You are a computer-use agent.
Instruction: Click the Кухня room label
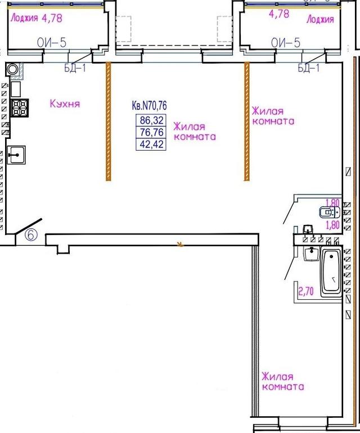click(x=65, y=103)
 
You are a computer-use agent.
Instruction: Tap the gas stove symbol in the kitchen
click(x=20, y=107)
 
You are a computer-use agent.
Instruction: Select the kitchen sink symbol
click(x=16, y=155)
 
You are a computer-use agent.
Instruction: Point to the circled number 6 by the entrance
click(x=31, y=234)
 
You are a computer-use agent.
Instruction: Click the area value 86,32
click(x=152, y=120)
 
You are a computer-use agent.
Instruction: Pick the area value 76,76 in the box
click(x=152, y=132)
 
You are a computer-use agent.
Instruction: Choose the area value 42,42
click(x=152, y=144)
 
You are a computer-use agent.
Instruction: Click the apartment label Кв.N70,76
click(x=149, y=105)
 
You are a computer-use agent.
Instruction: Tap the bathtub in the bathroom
click(x=331, y=272)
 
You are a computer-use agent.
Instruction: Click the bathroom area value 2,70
click(x=306, y=291)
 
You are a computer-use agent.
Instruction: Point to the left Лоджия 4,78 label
click(x=36, y=18)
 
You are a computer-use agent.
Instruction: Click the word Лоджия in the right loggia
click(x=320, y=19)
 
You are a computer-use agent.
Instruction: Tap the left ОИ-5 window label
click(x=52, y=43)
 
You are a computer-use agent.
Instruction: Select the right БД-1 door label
click(x=308, y=67)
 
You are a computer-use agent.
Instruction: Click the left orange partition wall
click(x=109, y=121)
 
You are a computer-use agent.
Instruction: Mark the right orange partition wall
click(x=247, y=121)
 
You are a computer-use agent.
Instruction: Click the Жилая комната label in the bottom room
click(x=283, y=381)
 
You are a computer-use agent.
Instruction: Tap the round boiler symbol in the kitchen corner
click(x=12, y=69)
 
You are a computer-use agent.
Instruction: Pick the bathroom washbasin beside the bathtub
click(x=312, y=254)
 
